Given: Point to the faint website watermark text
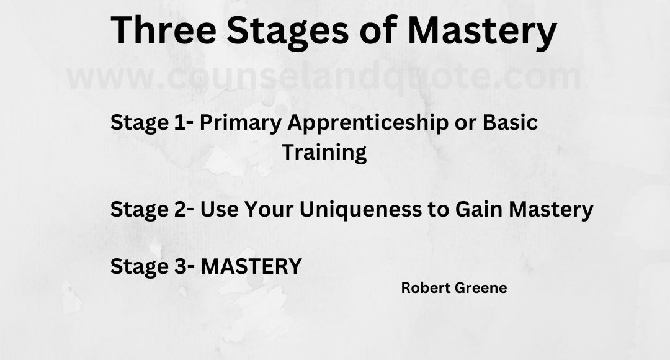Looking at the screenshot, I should tap(324, 77).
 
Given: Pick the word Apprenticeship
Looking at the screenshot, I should tap(367, 123).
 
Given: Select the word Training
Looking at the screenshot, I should tap(324, 152).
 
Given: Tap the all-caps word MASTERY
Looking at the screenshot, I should tap(252, 266).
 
